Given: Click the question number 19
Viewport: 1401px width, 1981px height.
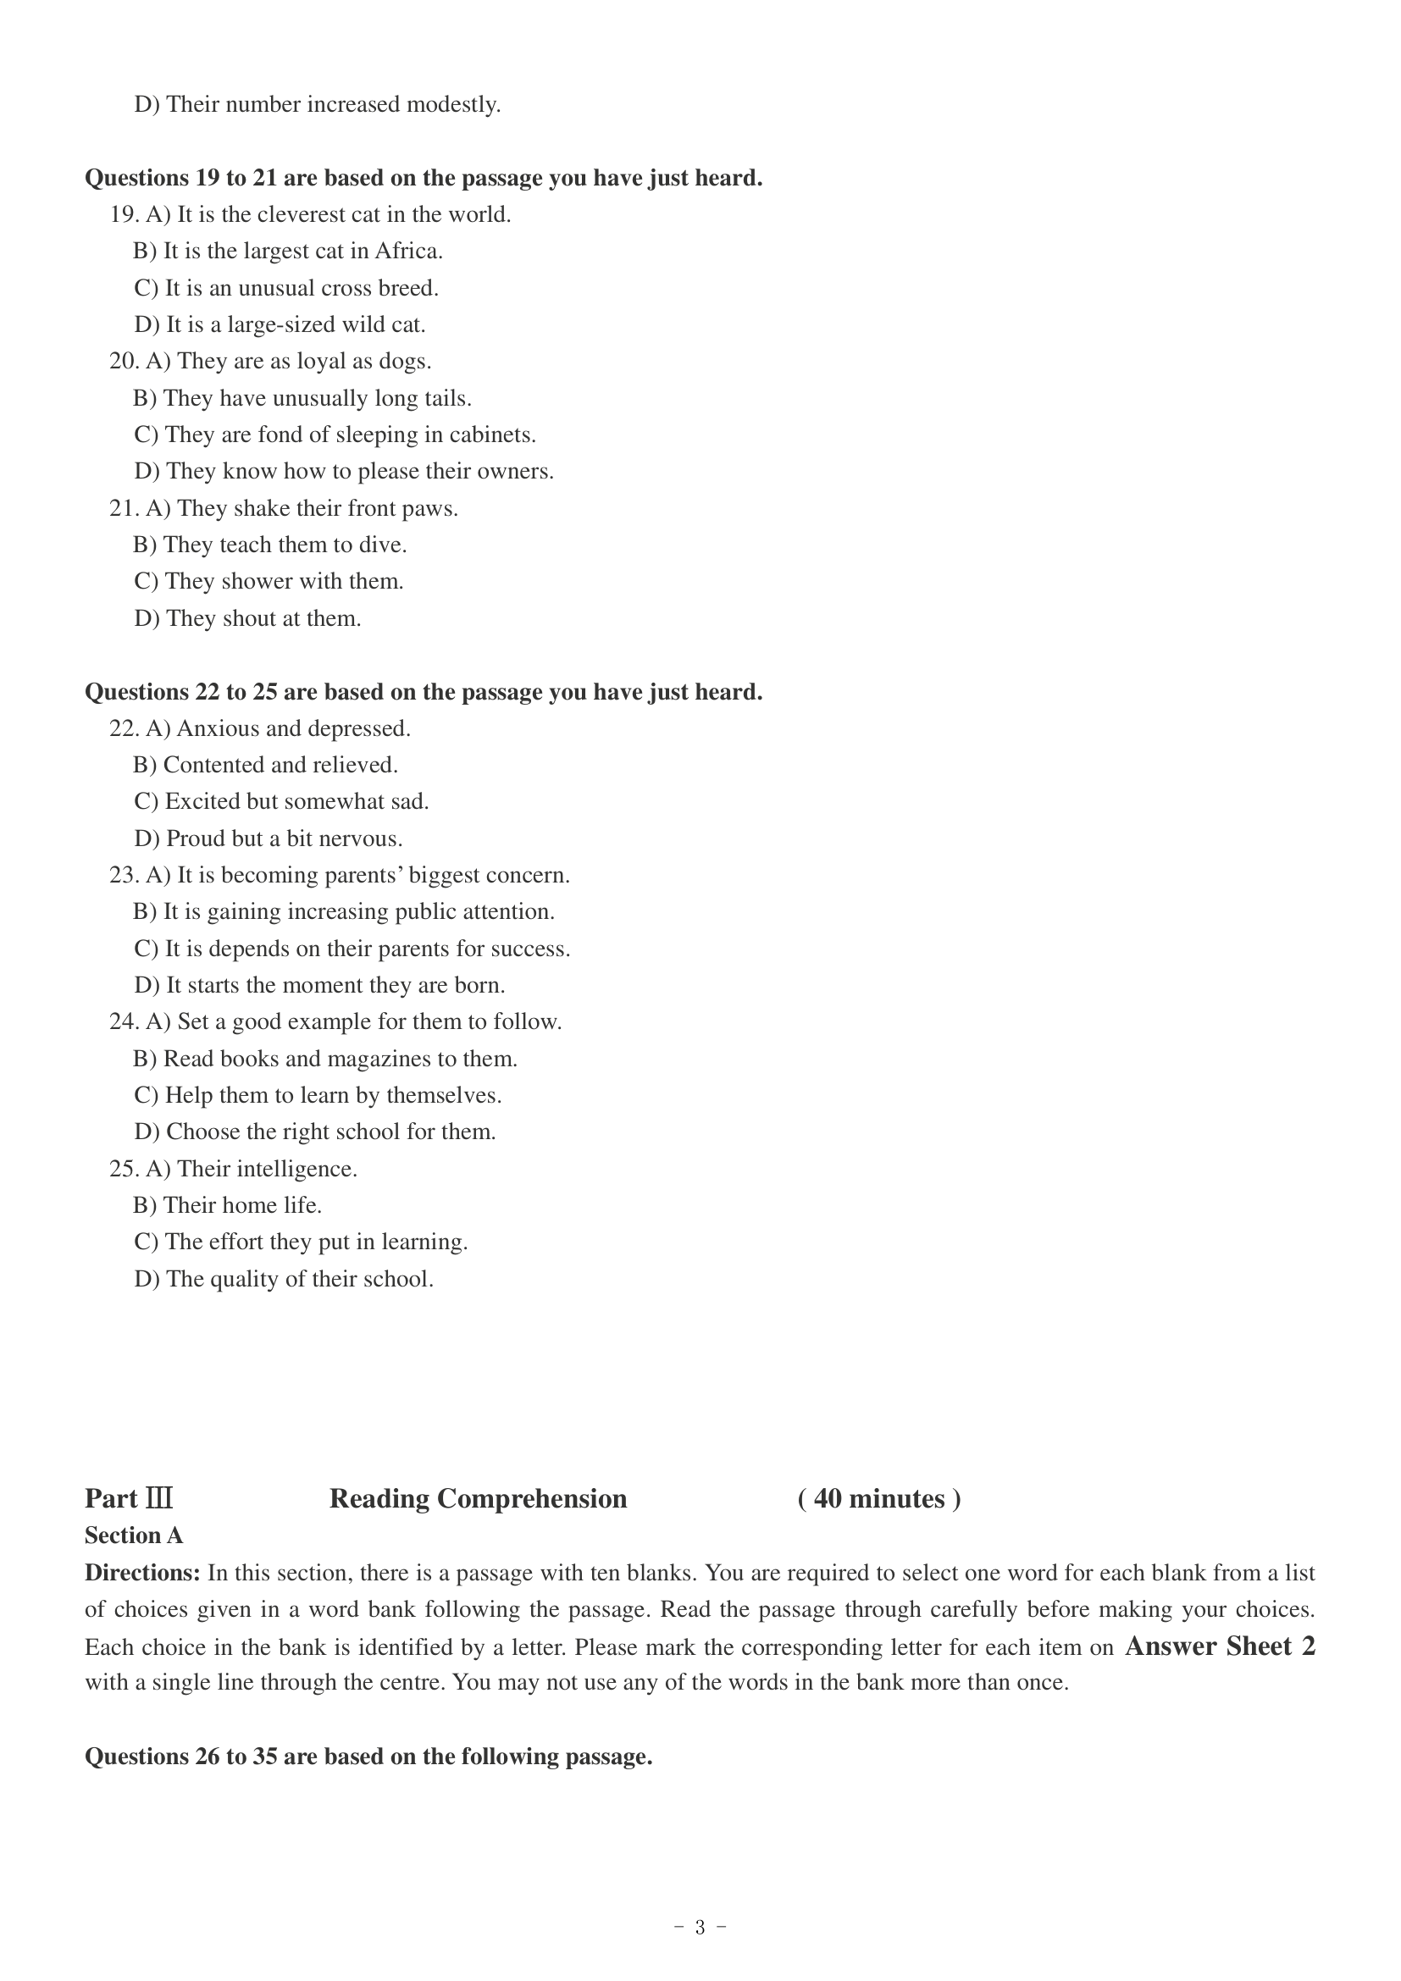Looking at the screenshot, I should tap(124, 215).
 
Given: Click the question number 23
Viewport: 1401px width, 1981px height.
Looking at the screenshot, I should tap(124, 876).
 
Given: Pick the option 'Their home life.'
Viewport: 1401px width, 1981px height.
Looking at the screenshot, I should tap(228, 1206).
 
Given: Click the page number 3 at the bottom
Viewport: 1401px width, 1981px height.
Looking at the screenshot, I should tap(700, 1928).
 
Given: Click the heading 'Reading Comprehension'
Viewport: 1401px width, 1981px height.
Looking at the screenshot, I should tap(478, 1500).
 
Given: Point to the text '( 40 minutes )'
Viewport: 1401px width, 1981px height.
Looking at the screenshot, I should tap(879, 1500).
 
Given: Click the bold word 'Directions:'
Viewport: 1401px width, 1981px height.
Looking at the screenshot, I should tap(142, 1573).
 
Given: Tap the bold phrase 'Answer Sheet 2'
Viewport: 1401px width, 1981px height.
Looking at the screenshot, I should tap(1220, 1646).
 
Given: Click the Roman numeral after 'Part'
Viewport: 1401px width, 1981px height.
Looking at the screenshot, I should tap(159, 1500).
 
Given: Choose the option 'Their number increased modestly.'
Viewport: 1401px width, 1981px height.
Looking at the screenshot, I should tap(318, 105).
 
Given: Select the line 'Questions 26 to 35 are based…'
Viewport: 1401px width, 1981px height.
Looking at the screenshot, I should tap(368, 1757).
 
